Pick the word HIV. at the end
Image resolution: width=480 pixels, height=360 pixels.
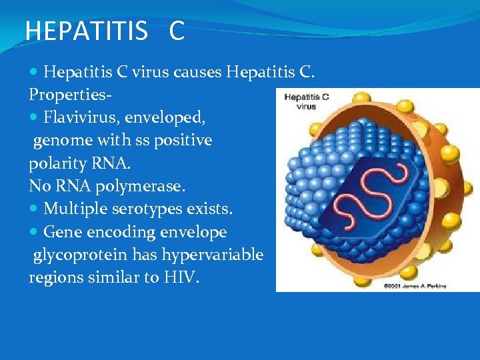pyautogui.click(x=181, y=277)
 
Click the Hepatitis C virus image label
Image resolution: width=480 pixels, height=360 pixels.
pyautogui.click(x=307, y=101)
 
